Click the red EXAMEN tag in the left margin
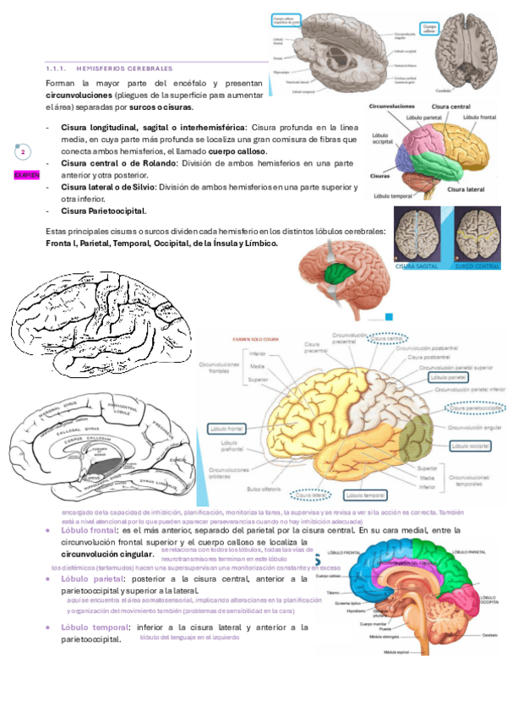pyautogui.click(x=26, y=174)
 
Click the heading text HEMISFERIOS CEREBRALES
pyautogui.click(x=124, y=68)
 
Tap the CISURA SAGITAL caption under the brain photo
pyautogui.click(x=418, y=265)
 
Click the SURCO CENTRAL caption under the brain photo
pyautogui.click(x=477, y=265)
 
